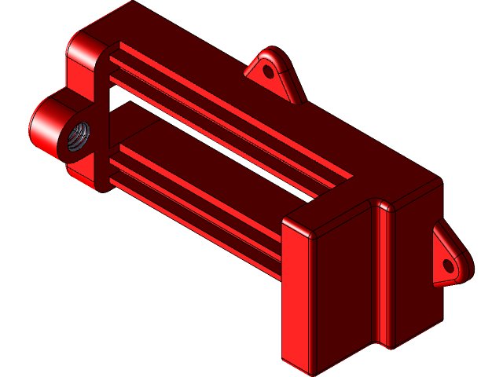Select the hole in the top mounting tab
[268, 71]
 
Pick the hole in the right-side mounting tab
[450, 265]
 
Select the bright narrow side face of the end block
[296, 298]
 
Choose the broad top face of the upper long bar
[236, 86]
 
